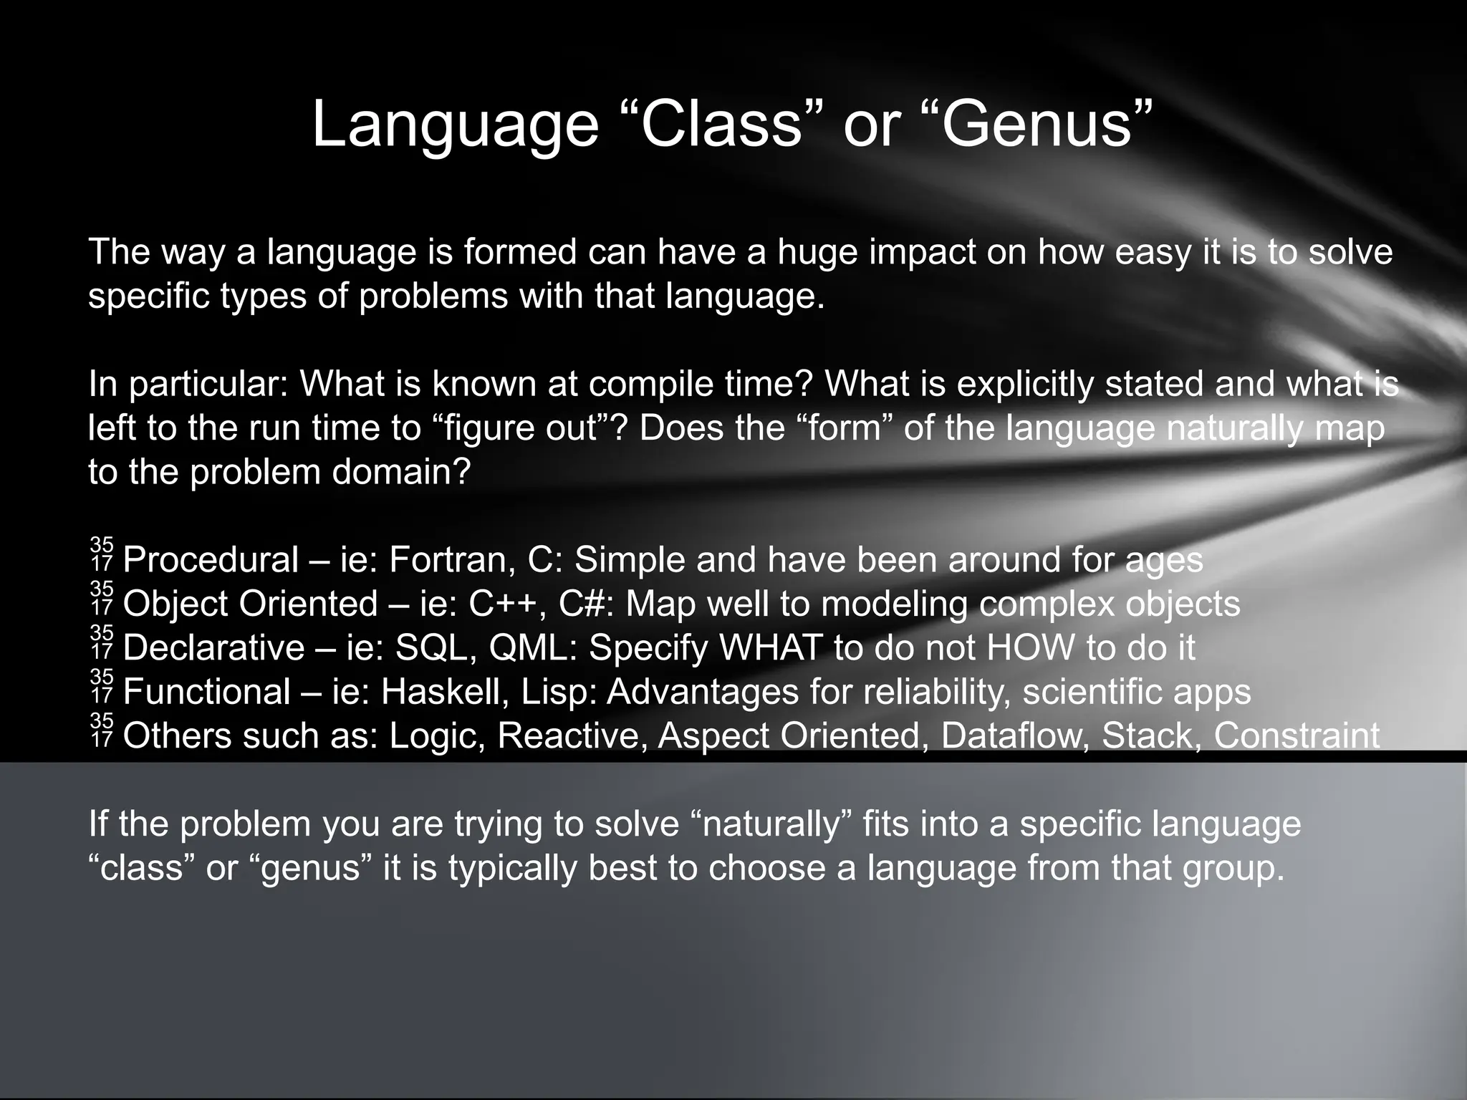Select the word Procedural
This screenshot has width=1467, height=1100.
click(x=211, y=560)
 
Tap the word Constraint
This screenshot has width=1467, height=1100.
click(x=1297, y=736)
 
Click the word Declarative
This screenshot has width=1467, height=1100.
click(x=213, y=648)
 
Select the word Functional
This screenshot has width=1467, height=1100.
click(x=206, y=692)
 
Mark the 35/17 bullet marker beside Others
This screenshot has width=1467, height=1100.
click(x=102, y=730)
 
